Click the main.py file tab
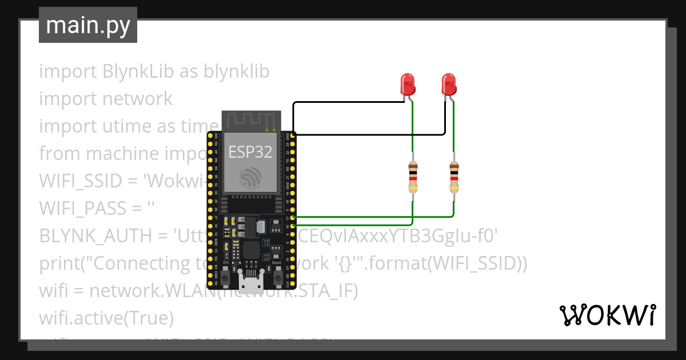coord(87,25)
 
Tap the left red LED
coord(408,84)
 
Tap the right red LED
coord(449,84)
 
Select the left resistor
coord(413,176)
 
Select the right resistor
coord(454,176)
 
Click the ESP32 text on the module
coord(250,151)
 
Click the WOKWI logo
coord(607,315)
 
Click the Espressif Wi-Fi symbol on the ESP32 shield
coord(250,178)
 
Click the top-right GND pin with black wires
coord(293,135)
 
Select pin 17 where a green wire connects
coord(293,218)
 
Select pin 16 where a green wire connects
coord(293,226)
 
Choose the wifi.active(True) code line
coord(106,317)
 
